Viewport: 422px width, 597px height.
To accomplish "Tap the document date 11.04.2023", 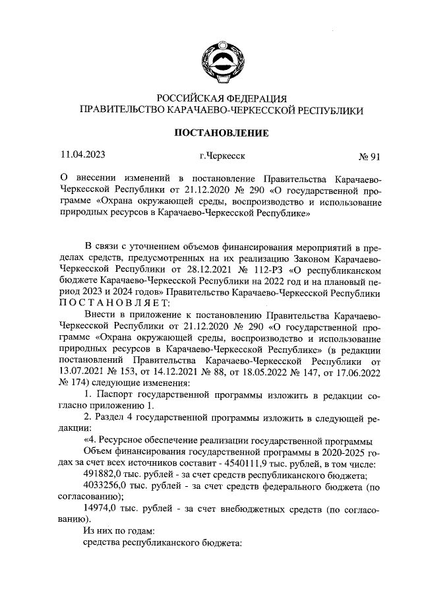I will pos(82,156).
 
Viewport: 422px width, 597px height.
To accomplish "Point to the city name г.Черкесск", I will pos(221,157).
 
